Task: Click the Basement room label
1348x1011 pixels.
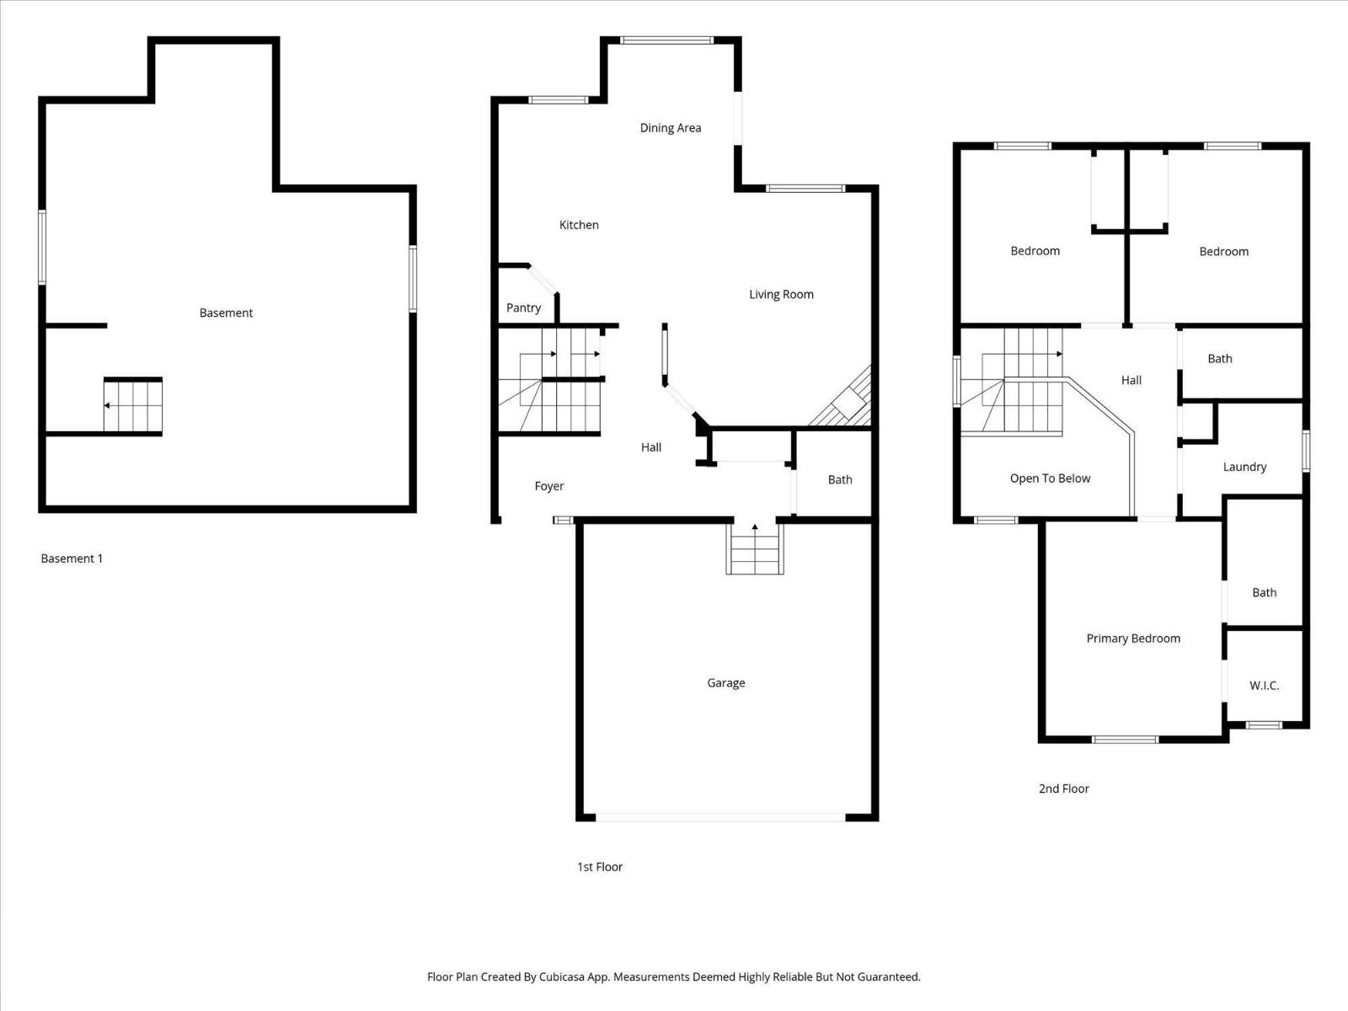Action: pos(226,313)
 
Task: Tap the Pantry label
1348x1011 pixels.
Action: pos(523,308)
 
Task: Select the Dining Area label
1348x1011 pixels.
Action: pos(670,128)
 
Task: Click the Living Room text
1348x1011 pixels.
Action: pos(781,294)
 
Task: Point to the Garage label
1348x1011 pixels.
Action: pos(725,682)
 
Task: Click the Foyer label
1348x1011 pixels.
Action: pos(548,486)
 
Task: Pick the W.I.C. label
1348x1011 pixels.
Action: pos(1264,686)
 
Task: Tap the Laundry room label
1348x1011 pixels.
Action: pos(1244,467)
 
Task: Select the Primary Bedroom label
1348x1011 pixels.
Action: pos(1132,639)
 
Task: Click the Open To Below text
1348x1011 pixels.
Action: pos(1050,479)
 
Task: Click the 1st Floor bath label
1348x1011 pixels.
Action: pos(839,479)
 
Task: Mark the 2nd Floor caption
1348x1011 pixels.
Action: pos(1063,789)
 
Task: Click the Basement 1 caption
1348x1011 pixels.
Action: pos(72,559)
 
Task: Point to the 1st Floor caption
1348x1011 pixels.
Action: pos(599,867)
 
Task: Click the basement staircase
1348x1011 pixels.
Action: pos(133,405)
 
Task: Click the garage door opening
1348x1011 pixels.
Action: pos(720,816)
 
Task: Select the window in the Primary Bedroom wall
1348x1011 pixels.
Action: pos(1125,740)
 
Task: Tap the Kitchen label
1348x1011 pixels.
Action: pos(579,225)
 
